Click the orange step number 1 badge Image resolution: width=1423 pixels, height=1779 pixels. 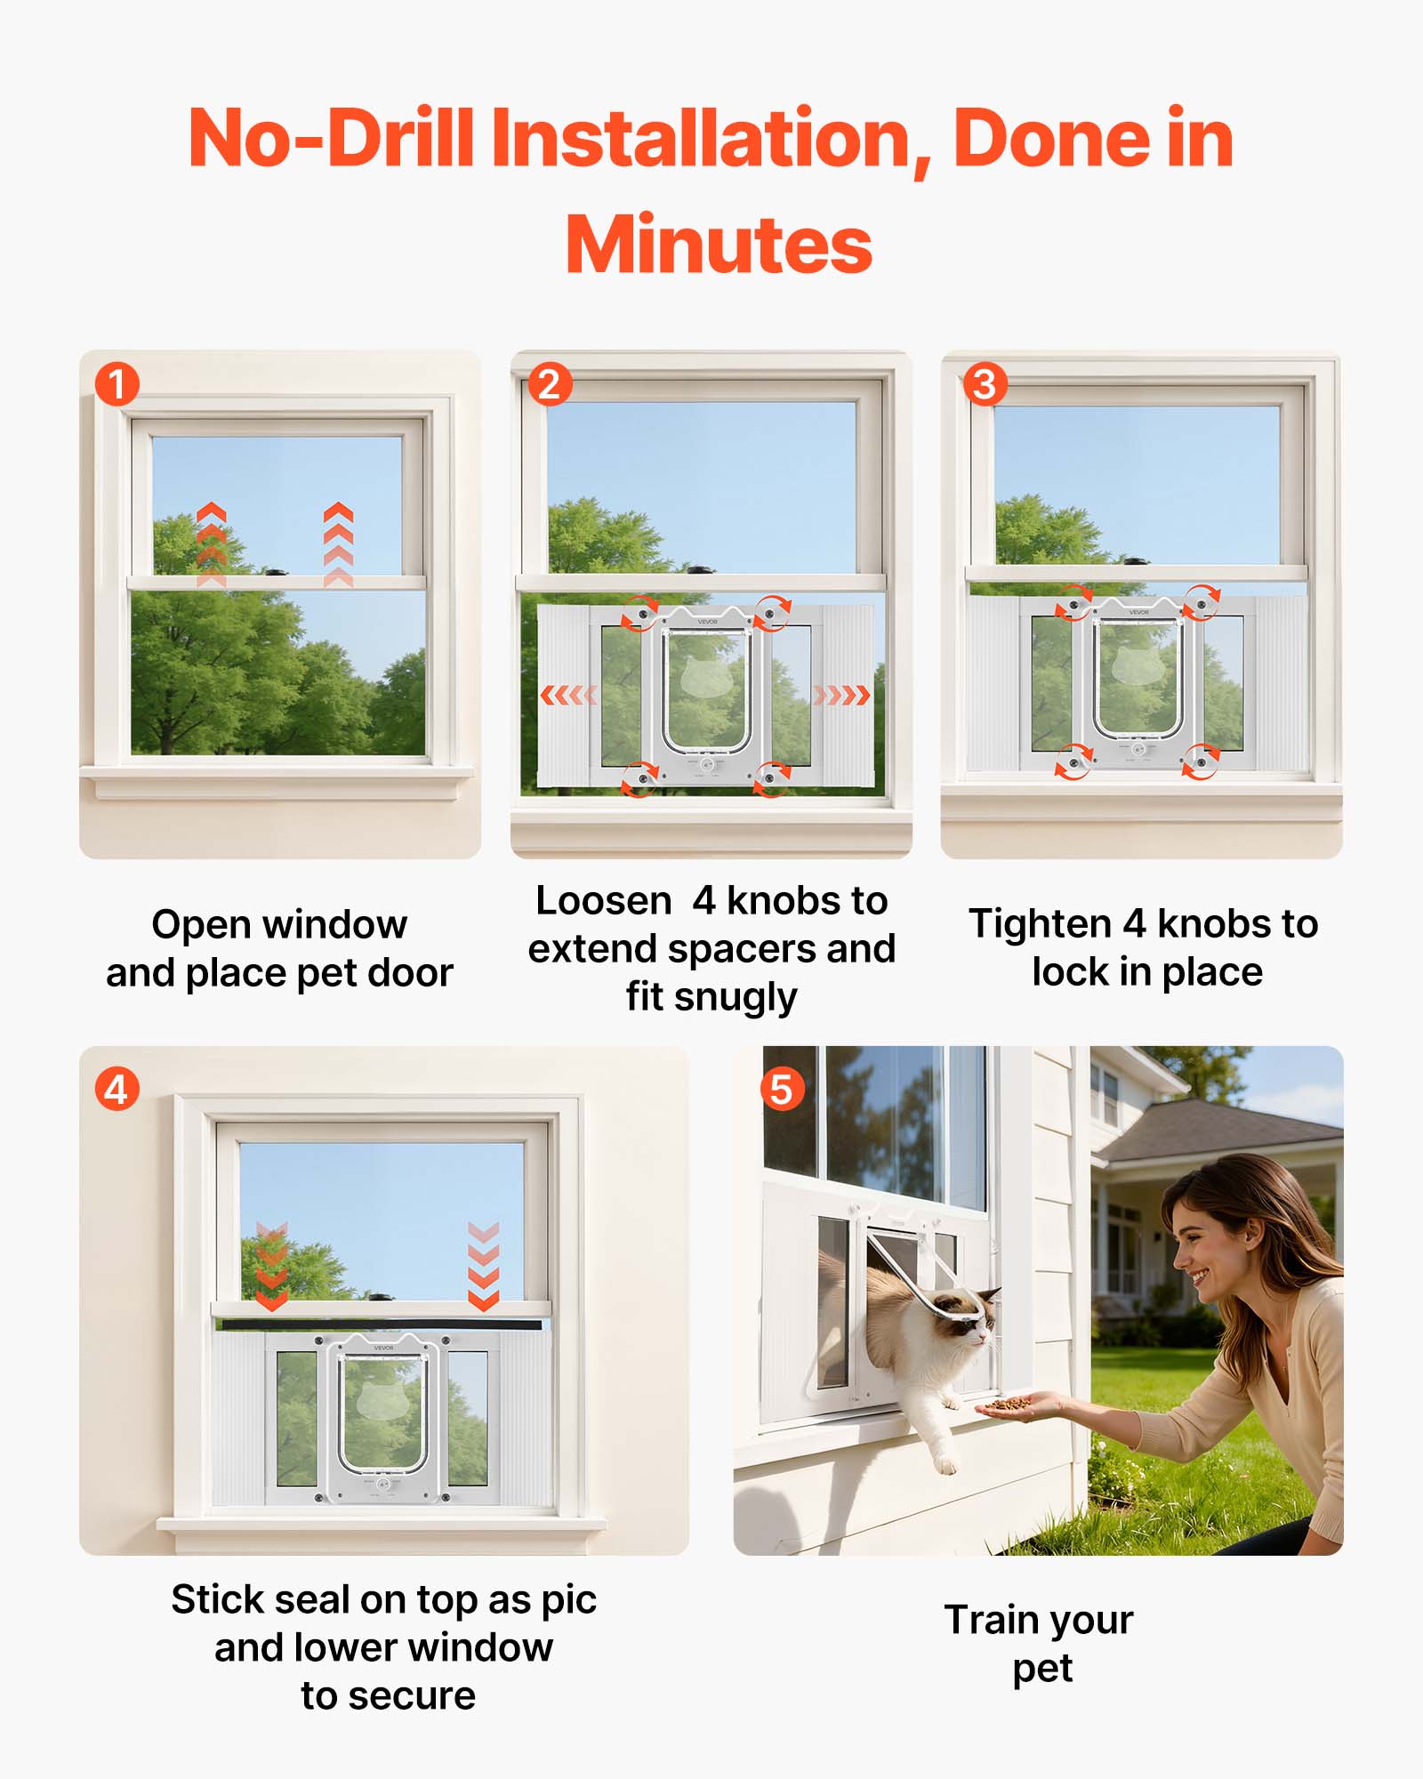[x=117, y=384]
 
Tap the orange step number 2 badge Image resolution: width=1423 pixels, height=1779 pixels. [x=549, y=384]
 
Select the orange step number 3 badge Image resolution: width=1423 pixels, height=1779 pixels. [x=985, y=384]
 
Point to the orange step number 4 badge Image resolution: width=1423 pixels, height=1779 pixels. [x=117, y=1089]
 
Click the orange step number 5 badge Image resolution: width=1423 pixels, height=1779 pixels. [x=782, y=1089]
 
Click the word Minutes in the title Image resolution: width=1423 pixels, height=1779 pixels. [x=719, y=246]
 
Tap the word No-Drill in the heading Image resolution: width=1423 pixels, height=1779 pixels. [x=330, y=138]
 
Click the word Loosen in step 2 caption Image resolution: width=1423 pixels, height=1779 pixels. [x=603, y=901]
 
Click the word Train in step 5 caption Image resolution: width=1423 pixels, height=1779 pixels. [x=986, y=1620]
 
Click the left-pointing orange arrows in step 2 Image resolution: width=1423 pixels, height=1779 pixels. [x=569, y=695]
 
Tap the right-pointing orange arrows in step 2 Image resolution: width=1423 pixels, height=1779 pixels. [x=841, y=695]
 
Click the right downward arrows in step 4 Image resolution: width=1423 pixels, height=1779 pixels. [x=483, y=1266]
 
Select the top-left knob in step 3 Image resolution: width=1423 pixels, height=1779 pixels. [x=1073, y=604]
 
